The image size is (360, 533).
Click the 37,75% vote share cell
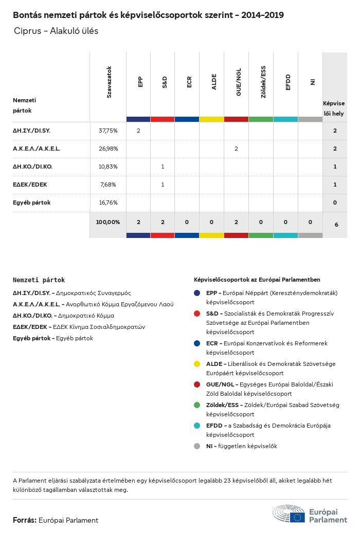tap(108, 131)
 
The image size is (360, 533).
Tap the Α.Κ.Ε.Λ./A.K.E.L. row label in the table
tap(37, 149)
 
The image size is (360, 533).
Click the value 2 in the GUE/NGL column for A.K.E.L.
tap(236, 149)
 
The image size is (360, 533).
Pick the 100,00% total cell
tap(108, 222)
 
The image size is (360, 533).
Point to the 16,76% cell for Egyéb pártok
tap(108, 203)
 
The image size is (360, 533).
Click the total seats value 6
tap(336, 225)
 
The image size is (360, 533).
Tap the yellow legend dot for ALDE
tap(197, 364)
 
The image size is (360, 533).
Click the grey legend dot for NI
tap(197, 446)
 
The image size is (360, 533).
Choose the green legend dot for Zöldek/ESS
tap(197, 405)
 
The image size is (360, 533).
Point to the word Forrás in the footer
tap(24, 520)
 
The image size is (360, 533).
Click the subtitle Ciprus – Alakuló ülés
tap(56, 31)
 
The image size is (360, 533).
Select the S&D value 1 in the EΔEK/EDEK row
tap(163, 185)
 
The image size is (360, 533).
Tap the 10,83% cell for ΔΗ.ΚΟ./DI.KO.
tap(108, 167)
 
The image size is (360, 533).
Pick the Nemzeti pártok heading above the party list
tap(39, 280)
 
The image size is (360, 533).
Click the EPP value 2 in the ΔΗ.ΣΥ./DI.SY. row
tap(138, 131)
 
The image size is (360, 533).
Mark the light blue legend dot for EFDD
tap(197, 426)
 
